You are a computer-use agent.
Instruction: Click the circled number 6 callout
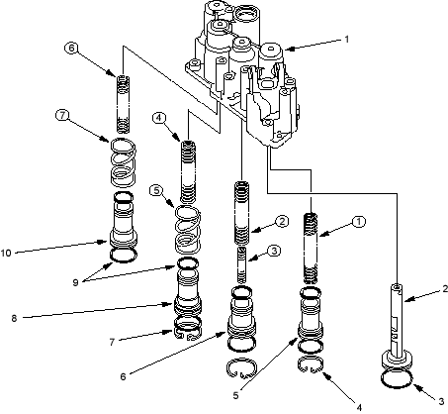click(71, 48)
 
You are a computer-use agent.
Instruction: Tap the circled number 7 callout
click(62, 116)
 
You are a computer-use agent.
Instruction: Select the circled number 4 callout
click(159, 118)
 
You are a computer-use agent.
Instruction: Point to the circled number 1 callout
click(359, 222)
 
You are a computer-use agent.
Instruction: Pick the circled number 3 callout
click(274, 251)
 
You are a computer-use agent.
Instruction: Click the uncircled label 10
click(6, 254)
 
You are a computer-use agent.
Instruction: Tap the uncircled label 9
click(75, 282)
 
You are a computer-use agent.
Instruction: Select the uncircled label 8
click(14, 319)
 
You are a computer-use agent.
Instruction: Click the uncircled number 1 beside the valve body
click(346, 40)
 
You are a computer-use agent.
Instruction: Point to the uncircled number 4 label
click(359, 407)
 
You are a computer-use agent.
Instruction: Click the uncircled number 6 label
click(123, 376)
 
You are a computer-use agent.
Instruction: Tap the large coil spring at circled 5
click(187, 230)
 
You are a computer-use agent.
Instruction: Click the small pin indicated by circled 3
click(242, 265)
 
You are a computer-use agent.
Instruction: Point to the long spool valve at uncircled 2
click(397, 325)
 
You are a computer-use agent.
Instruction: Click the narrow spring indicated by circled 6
click(124, 104)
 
